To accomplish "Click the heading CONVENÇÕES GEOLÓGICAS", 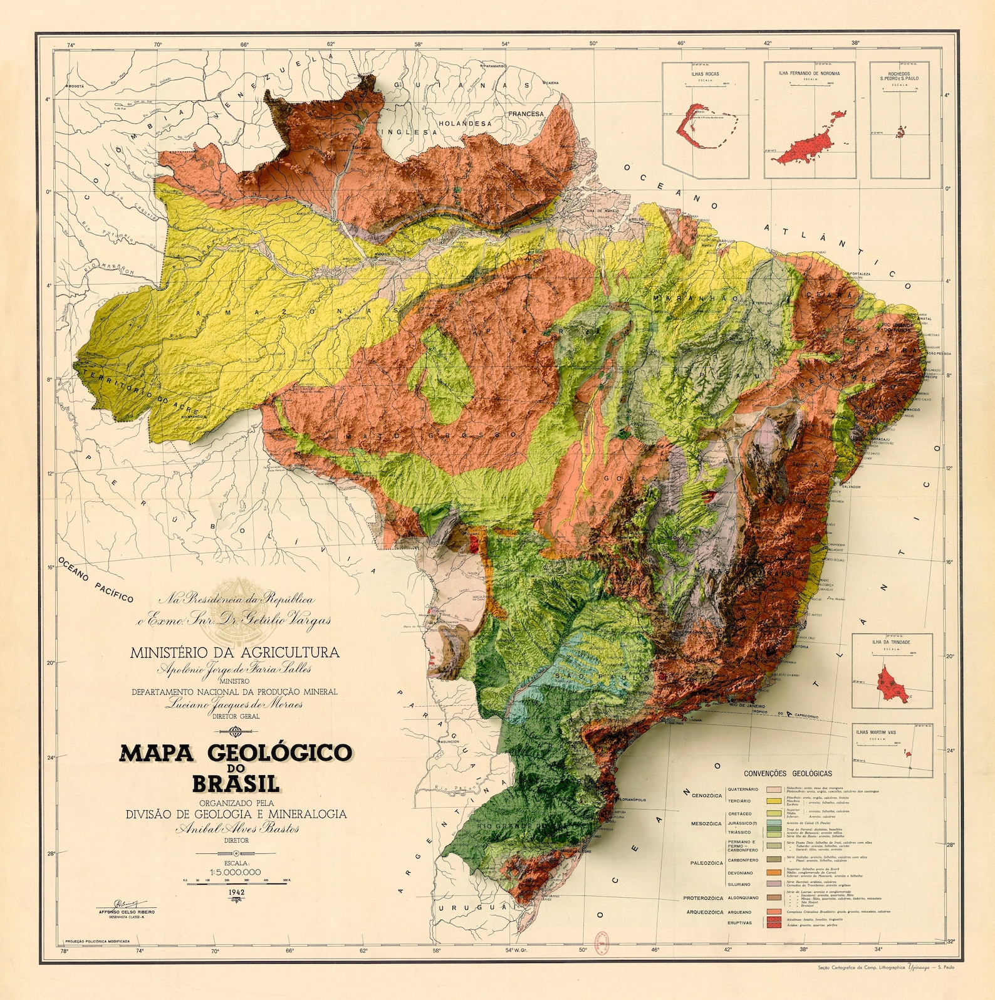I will tap(788, 773).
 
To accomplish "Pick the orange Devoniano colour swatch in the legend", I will tap(771, 872).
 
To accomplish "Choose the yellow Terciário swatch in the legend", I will tap(771, 801).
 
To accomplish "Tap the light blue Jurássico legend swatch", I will tap(771, 823).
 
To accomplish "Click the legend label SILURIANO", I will tap(739, 884).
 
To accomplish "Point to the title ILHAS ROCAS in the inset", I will tap(705, 74).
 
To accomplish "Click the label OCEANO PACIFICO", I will tap(96, 579).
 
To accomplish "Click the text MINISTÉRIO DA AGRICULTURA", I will tap(234, 652).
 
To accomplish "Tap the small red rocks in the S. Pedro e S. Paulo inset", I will tap(901, 132).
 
